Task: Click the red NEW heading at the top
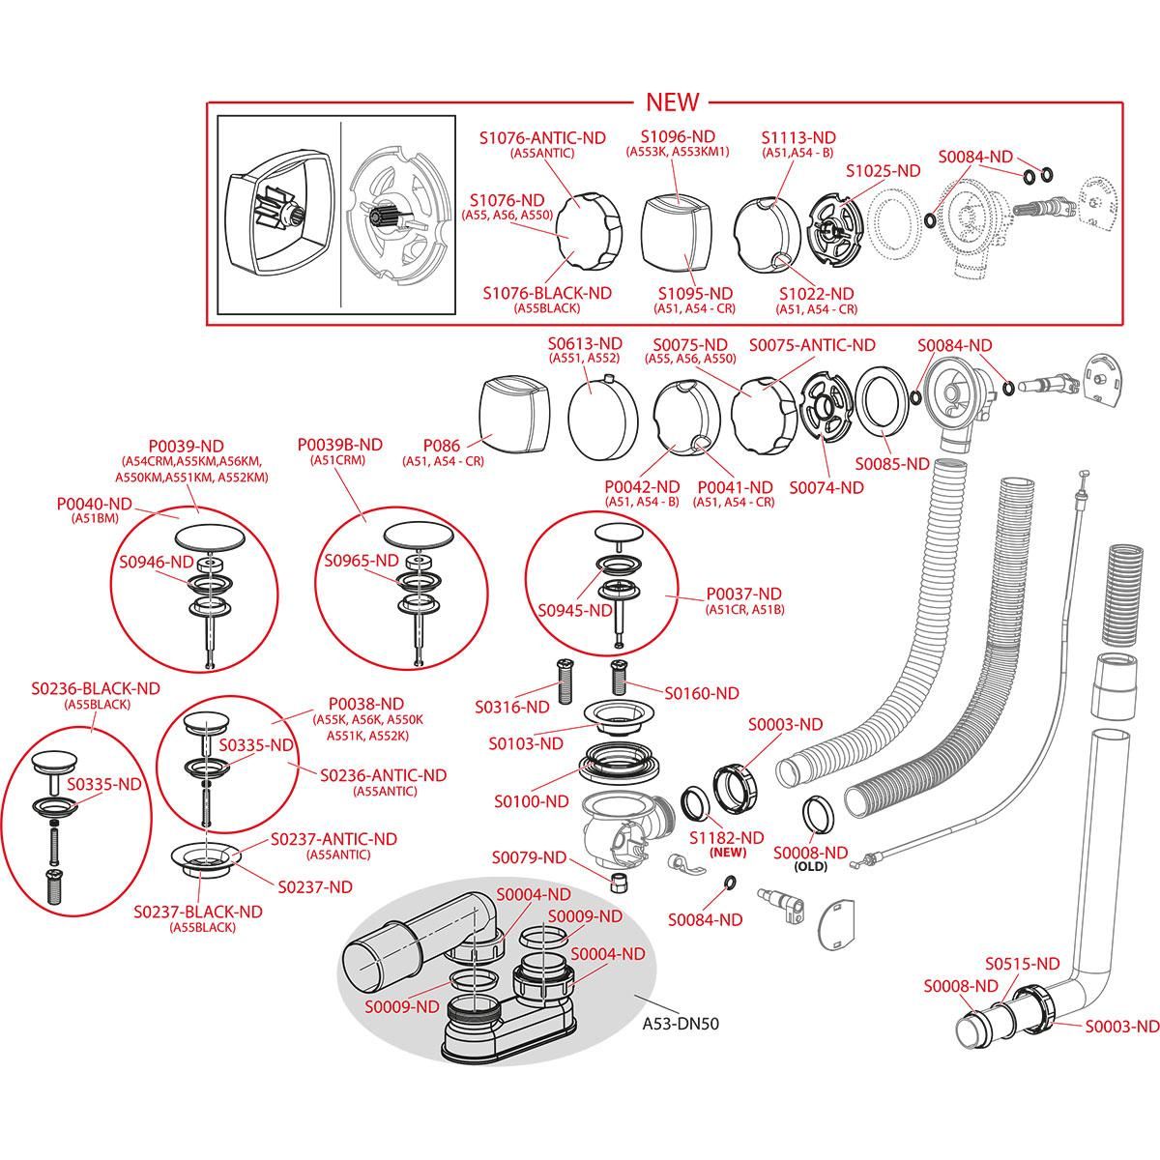(x=672, y=101)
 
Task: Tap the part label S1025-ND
(x=884, y=170)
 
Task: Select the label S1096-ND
(x=678, y=136)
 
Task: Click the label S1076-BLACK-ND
(x=546, y=293)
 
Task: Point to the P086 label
(x=443, y=448)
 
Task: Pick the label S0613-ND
(x=585, y=343)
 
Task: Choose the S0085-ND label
(x=891, y=463)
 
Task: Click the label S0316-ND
(x=511, y=707)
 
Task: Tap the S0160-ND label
(x=701, y=693)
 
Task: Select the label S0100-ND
(x=531, y=801)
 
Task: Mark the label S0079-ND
(x=529, y=857)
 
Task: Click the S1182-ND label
(x=726, y=837)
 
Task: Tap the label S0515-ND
(x=1023, y=964)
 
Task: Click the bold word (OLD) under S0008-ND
(x=810, y=867)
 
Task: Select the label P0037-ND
(x=743, y=594)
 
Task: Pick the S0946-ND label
(x=156, y=562)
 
